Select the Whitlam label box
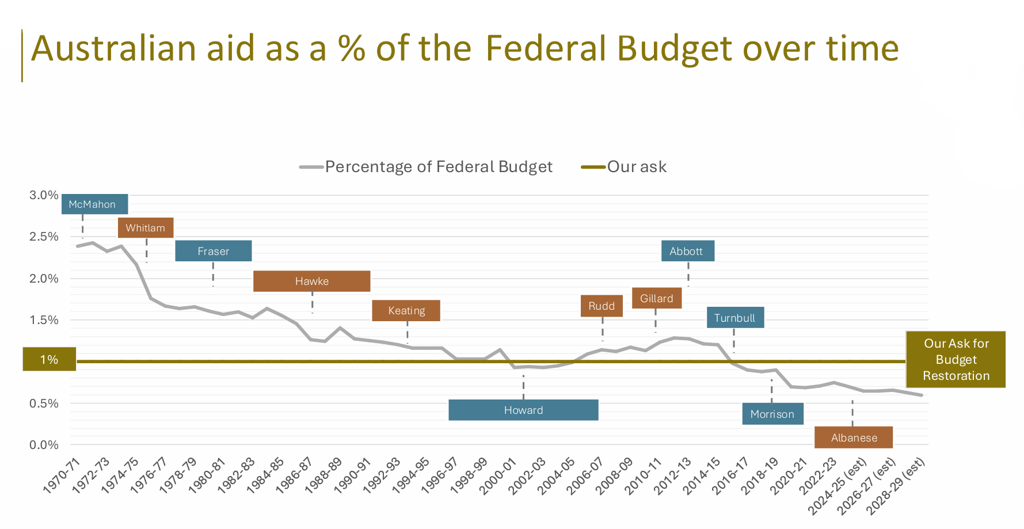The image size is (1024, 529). (146, 227)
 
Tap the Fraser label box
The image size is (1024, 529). (214, 251)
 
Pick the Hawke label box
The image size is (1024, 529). (312, 281)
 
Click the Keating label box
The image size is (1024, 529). (406, 310)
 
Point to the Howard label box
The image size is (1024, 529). (524, 410)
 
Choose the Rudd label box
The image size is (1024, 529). (602, 306)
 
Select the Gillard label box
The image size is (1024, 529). (657, 298)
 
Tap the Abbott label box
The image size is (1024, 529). (688, 251)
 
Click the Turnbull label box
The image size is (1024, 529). (736, 318)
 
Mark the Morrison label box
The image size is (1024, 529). (773, 414)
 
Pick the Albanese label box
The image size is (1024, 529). (854, 437)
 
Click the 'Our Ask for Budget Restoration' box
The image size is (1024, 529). (956, 359)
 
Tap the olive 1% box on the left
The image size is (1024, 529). (50, 359)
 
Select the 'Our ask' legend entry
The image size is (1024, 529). (624, 167)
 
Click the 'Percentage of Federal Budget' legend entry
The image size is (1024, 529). (426, 167)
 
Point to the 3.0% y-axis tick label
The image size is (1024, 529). (44, 195)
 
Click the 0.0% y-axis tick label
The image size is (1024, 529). (44, 445)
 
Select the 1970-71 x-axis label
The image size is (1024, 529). (62, 475)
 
